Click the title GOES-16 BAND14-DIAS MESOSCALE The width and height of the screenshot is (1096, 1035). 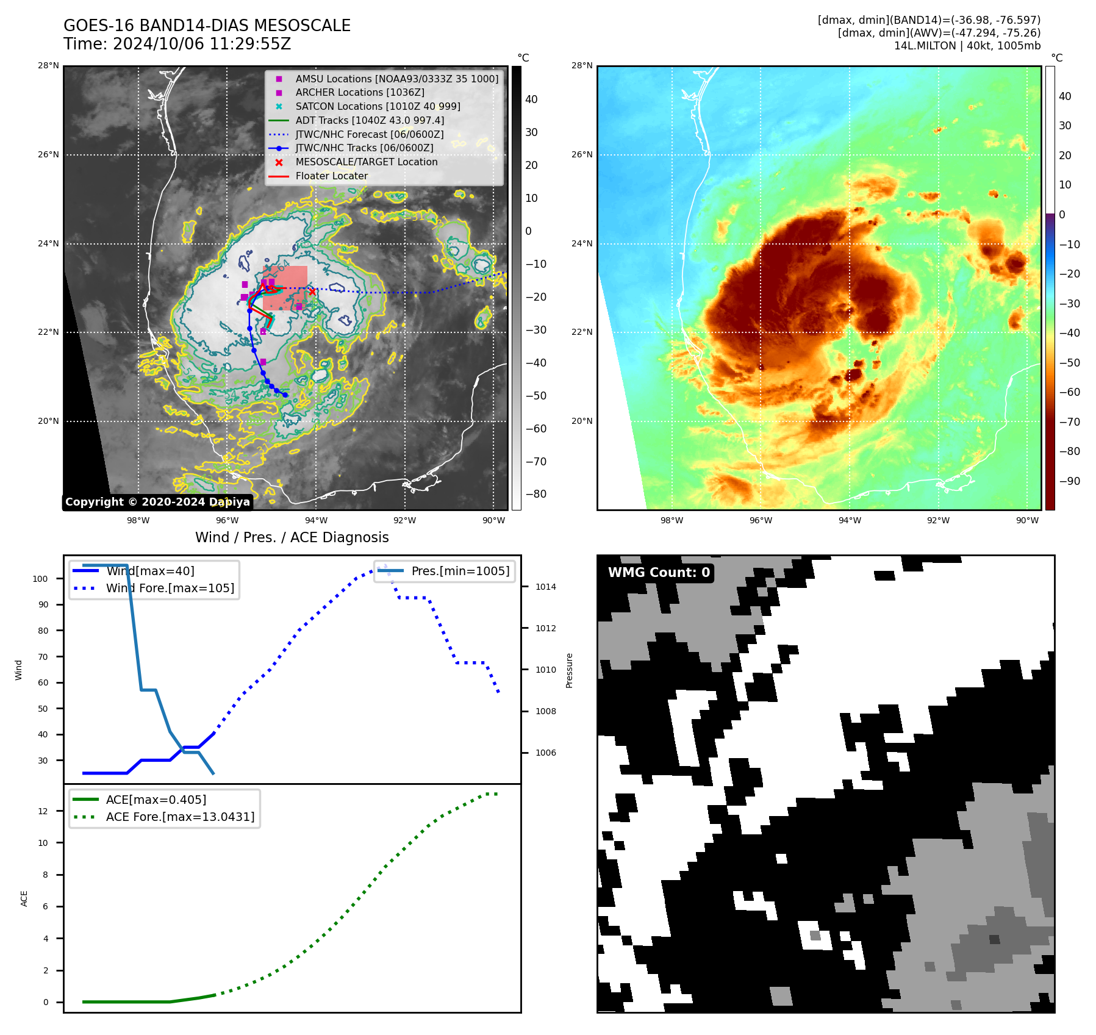[x=207, y=26]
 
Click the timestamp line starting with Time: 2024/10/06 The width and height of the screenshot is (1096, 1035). [x=177, y=44]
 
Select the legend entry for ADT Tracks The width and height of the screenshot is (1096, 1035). [x=370, y=120]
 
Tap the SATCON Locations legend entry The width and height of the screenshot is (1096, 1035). [x=378, y=106]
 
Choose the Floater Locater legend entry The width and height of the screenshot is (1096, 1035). [x=331, y=176]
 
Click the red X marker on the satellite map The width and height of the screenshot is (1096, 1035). [x=312, y=292]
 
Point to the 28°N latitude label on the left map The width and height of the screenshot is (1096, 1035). [x=49, y=65]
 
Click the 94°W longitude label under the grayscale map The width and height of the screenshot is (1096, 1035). [x=316, y=520]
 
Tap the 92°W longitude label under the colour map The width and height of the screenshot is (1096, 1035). [x=938, y=520]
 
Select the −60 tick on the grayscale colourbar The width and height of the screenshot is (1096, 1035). [x=536, y=429]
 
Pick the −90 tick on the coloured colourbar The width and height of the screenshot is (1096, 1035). [x=1069, y=481]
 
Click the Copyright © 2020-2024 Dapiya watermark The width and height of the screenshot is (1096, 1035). [x=157, y=502]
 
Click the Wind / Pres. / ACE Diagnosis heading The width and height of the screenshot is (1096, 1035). [x=292, y=537]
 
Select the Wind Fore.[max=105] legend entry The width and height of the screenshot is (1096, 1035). [x=170, y=588]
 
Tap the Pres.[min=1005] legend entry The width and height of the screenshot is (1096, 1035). [x=460, y=571]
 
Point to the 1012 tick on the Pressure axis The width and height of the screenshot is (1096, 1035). [x=546, y=628]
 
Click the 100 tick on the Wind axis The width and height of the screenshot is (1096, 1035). [x=40, y=579]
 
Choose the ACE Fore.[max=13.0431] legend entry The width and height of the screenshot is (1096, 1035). [x=180, y=817]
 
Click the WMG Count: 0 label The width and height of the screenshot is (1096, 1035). [x=659, y=572]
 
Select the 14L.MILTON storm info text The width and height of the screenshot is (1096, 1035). [x=967, y=46]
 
